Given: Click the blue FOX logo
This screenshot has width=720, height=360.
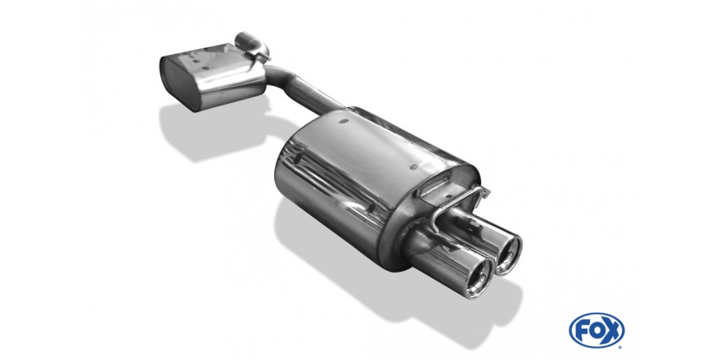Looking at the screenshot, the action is point(596,331).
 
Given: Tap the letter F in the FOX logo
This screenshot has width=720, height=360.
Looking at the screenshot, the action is point(582,331).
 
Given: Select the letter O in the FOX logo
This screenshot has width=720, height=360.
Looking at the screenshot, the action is point(596,331).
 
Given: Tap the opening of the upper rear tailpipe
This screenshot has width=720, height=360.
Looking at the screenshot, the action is point(511,254).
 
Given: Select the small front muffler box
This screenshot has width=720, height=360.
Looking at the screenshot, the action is point(213,76).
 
